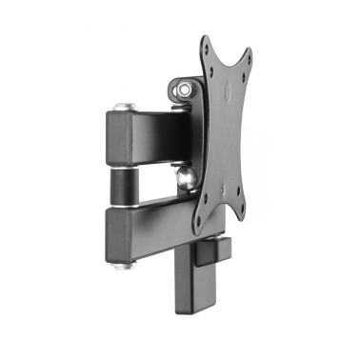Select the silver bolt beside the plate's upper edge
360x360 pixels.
click(183, 90)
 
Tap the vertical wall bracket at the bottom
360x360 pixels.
click(195, 286)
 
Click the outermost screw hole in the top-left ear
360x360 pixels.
click(206, 43)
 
